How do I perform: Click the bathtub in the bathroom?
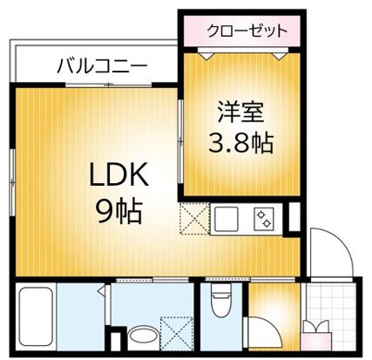click(37, 317)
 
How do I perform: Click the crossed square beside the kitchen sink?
click(192, 217)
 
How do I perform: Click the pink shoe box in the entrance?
click(315, 335)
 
